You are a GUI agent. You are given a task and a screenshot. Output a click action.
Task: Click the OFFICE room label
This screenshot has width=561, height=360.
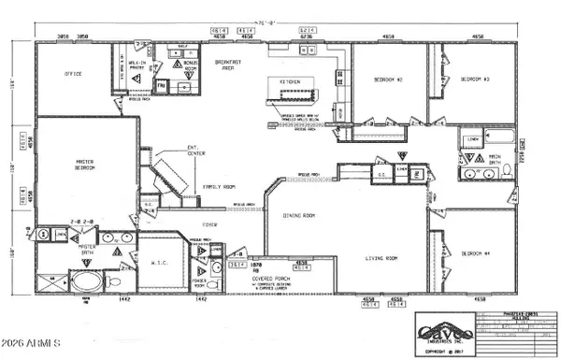(73, 73)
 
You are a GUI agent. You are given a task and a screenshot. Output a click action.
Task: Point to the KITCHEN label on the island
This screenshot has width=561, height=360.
(290, 82)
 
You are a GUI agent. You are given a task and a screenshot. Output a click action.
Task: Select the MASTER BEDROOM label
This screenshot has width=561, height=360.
(89, 166)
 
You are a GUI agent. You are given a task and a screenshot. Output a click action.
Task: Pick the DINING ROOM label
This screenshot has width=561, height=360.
(299, 216)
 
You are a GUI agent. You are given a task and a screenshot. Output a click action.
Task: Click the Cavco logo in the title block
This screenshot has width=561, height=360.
(445, 330)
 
